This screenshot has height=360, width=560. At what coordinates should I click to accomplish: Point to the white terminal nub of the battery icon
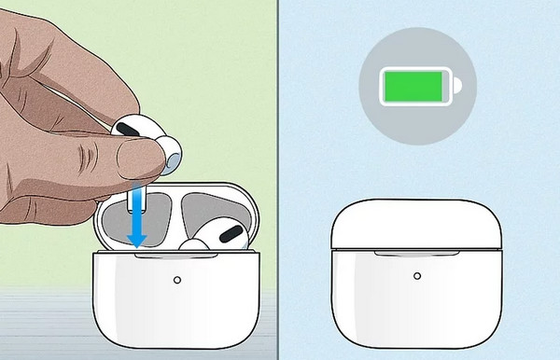click(x=458, y=89)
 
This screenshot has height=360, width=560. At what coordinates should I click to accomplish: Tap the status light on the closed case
click(x=416, y=277)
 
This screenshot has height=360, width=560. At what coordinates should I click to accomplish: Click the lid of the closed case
click(x=416, y=224)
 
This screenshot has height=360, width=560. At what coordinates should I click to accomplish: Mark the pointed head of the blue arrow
click(x=137, y=240)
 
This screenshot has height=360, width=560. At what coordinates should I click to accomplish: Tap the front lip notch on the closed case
click(x=416, y=251)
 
